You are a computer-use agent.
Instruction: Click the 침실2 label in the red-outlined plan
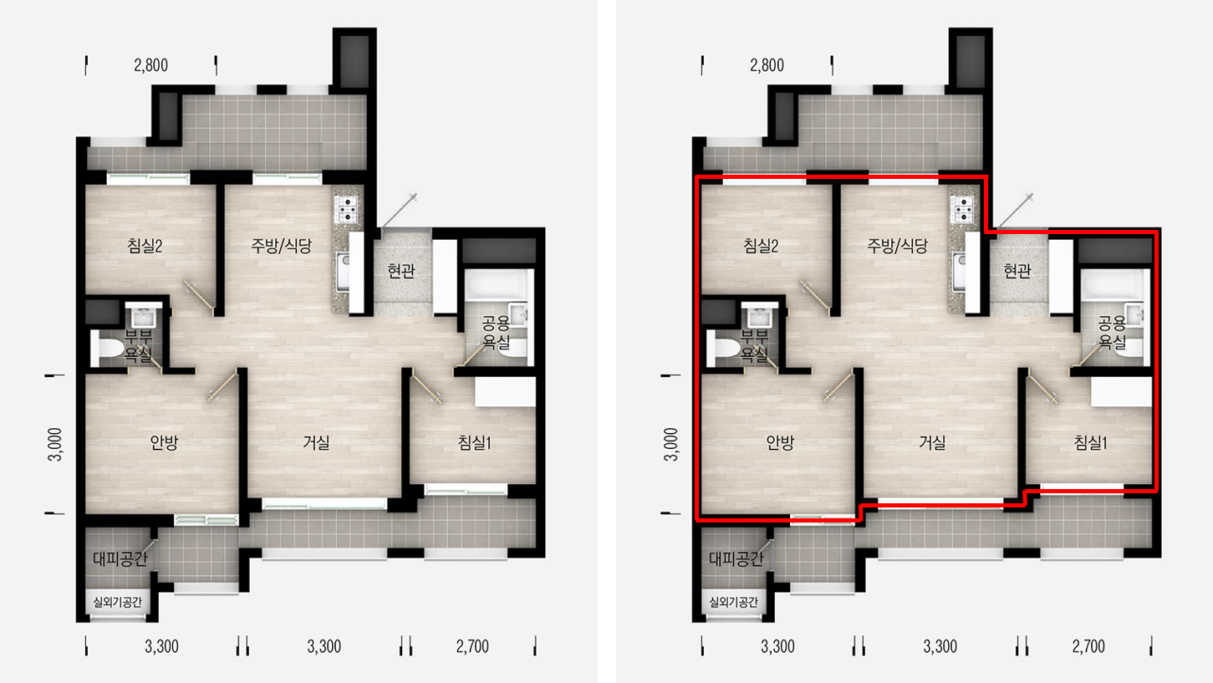point(761,247)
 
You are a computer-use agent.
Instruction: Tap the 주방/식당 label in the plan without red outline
point(281,246)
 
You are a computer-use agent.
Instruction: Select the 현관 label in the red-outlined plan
point(1017,270)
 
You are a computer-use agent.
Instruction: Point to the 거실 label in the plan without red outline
point(316,442)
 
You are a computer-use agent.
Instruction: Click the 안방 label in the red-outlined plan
point(780,442)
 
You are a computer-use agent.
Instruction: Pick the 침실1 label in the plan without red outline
point(474,442)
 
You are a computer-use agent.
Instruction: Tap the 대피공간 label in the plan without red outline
point(120,558)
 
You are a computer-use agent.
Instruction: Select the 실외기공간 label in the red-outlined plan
point(734,602)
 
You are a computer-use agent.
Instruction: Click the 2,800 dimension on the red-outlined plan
point(767,65)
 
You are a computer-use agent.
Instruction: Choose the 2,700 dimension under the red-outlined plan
point(1088,646)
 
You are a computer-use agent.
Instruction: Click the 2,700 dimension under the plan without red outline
point(472,646)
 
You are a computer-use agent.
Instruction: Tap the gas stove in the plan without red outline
point(347,209)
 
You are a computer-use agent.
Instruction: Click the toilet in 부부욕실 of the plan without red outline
point(107,349)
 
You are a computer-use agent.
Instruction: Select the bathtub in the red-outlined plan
point(1112,283)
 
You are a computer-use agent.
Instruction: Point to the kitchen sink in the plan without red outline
point(342,271)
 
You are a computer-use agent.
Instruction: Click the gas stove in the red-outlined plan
point(963,209)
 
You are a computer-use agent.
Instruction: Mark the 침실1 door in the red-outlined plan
point(1042,387)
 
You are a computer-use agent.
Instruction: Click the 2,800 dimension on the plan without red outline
point(151,65)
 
